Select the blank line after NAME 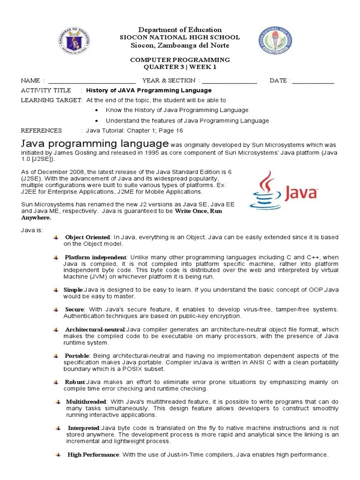pos(92,81)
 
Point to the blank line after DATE pos(313,81)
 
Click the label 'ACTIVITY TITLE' pos(46,90)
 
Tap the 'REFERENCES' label pos(41,131)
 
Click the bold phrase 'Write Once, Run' pos(198,211)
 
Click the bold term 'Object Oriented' pos(88,238)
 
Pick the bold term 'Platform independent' pos(96,257)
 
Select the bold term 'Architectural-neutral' pos(95,330)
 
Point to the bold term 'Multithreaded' pos(87,402)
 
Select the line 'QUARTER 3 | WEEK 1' pos(180,67)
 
